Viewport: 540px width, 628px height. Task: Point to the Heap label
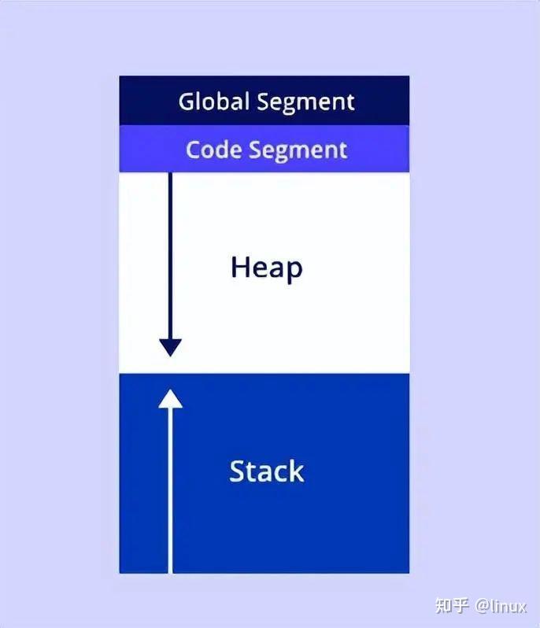[x=266, y=268]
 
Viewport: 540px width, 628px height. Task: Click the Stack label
[x=266, y=471]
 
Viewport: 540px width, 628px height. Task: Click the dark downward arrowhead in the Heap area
[x=170, y=347]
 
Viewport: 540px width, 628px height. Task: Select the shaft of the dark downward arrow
[x=170, y=252]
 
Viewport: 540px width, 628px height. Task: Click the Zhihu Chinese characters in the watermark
[x=452, y=605]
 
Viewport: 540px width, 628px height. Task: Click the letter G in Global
[x=186, y=102]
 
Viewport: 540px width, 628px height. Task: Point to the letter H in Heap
[x=239, y=268]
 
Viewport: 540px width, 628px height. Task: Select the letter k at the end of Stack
[x=296, y=471]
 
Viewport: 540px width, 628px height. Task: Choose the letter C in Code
[x=193, y=150]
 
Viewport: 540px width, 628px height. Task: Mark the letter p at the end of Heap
[x=294, y=270]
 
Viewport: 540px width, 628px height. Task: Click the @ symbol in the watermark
[x=481, y=606]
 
